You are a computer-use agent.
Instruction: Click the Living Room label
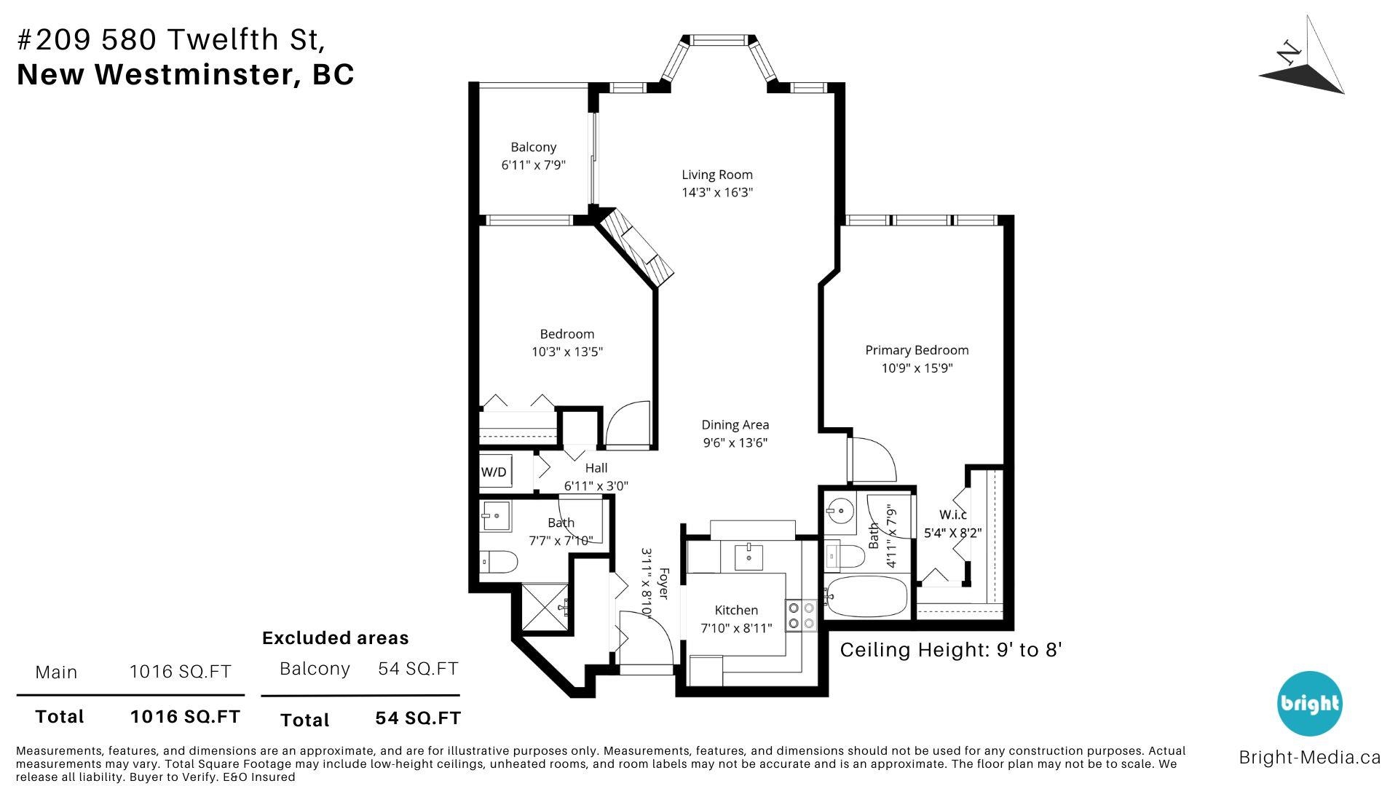717,175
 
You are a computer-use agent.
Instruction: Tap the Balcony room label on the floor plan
533,147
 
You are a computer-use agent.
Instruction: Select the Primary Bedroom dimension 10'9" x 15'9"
917,368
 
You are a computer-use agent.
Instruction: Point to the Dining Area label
735,425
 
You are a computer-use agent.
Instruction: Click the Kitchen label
736,610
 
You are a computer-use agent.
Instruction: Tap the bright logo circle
1310,704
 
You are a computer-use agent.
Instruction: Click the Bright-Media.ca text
1309,758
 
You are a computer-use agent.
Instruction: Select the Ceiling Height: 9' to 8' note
951,650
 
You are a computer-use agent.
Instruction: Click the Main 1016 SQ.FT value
181,671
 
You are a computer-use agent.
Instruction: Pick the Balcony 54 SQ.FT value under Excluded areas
418,668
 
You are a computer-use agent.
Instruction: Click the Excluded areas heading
335,638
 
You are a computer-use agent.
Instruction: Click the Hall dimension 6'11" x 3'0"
596,486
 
